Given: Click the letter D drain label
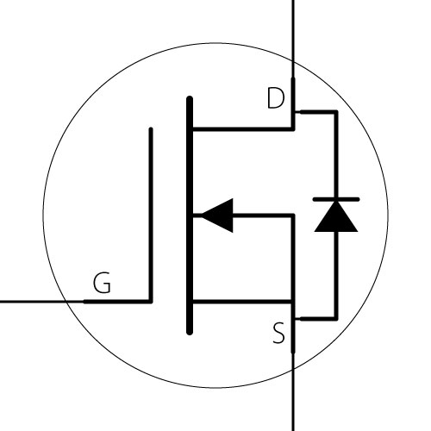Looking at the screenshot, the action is [276, 98].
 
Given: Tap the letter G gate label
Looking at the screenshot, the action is [102, 283].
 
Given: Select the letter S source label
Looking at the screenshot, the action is [278, 333].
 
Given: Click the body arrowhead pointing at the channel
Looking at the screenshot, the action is [217, 215].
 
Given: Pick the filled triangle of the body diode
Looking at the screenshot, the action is [336, 216].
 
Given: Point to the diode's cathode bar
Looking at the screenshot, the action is [336, 199].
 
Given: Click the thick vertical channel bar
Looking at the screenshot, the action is [190, 215].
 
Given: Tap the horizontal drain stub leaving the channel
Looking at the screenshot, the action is [243, 129].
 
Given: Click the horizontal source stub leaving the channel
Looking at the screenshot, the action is [243, 302].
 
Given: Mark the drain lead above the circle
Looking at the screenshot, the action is [293, 30].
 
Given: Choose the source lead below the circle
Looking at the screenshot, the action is [293, 401].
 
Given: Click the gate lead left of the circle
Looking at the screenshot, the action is [33, 302].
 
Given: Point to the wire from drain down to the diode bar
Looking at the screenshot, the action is [336, 154].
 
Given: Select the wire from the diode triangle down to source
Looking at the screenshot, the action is [336, 275].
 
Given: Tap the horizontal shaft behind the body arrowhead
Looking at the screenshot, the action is [263, 215].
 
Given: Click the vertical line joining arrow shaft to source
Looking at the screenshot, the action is [293, 259].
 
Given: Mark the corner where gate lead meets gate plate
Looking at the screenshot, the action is [151, 301].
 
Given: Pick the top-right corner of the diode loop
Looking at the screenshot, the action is [336, 112].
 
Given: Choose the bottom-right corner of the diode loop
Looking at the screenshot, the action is [336, 319].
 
